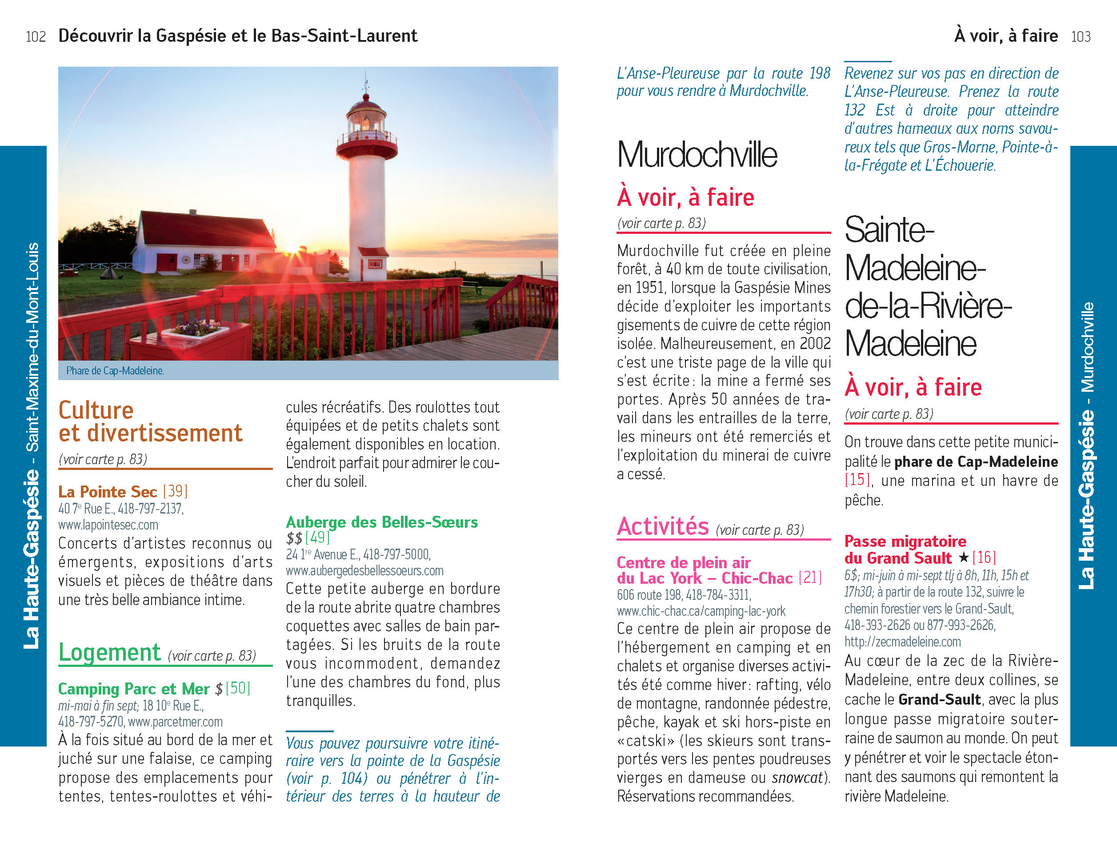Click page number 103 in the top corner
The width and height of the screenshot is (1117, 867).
point(1081,37)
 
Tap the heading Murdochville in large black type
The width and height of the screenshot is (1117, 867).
point(697,154)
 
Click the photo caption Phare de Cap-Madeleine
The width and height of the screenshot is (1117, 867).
point(115,371)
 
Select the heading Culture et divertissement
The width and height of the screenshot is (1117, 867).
point(150,421)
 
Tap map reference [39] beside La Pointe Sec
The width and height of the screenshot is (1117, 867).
point(175,492)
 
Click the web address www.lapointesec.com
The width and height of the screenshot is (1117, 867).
point(108,525)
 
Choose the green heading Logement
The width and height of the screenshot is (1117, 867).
point(109,653)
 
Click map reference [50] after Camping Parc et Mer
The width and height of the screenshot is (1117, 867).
point(238,688)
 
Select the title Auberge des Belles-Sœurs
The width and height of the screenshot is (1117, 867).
point(381,522)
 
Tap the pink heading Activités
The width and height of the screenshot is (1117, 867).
point(663,527)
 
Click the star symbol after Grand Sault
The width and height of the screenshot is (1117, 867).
point(964,558)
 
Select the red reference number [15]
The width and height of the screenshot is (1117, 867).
point(857,480)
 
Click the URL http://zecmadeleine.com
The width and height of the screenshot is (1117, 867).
point(903,642)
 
